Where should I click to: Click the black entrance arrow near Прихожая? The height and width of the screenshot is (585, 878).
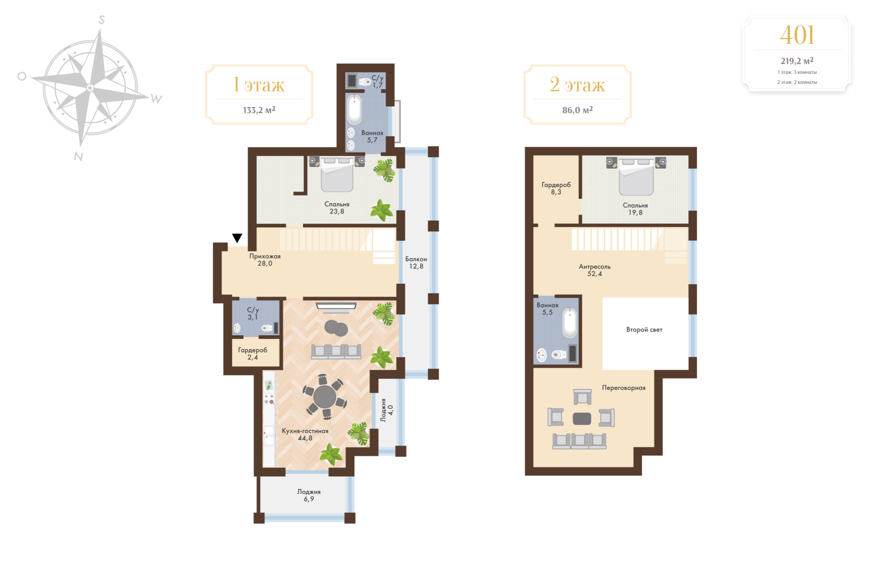[237, 238]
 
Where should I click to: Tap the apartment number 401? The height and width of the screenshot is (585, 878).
[797, 35]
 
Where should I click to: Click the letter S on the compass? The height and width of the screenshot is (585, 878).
[101, 20]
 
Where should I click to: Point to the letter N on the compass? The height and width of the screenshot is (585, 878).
[78, 157]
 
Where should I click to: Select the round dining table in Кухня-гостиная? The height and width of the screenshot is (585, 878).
[325, 396]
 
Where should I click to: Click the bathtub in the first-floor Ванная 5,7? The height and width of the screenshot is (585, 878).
[354, 109]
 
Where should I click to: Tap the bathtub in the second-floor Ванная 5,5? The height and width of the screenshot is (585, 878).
[570, 323]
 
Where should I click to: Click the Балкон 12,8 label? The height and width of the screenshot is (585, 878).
[416, 263]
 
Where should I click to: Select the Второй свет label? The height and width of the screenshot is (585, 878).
[644, 330]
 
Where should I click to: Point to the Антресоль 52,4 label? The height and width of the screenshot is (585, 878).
[595, 270]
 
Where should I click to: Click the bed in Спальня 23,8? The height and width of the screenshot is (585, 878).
[337, 174]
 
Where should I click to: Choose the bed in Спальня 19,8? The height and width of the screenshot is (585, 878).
[636, 177]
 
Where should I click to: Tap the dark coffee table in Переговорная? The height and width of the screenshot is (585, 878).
[582, 418]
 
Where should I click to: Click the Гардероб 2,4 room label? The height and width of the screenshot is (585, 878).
[252, 354]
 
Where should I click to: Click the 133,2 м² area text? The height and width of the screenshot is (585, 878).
[259, 110]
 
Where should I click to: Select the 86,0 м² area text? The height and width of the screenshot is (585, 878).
[577, 110]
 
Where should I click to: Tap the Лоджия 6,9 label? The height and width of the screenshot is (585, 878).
[309, 495]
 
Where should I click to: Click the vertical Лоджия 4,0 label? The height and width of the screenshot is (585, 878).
[387, 410]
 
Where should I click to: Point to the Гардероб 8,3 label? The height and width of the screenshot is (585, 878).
[556, 188]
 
